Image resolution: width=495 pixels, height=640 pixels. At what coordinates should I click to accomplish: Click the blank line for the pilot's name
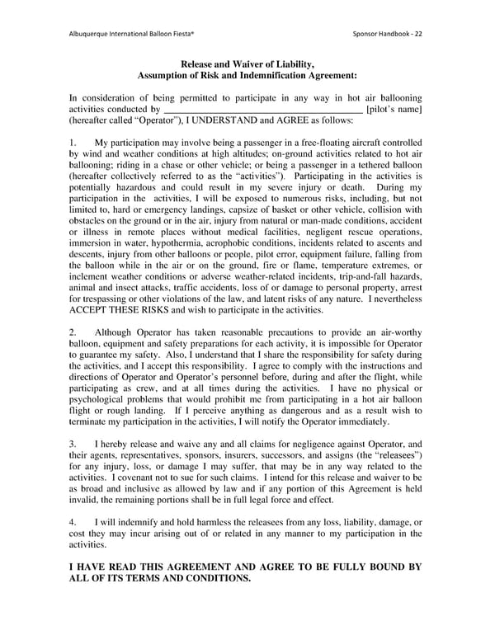tap(263, 109)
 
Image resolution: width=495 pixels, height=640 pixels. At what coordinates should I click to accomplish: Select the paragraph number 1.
tap(73, 144)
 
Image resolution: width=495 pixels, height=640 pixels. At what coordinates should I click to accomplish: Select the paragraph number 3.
tap(73, 443)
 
